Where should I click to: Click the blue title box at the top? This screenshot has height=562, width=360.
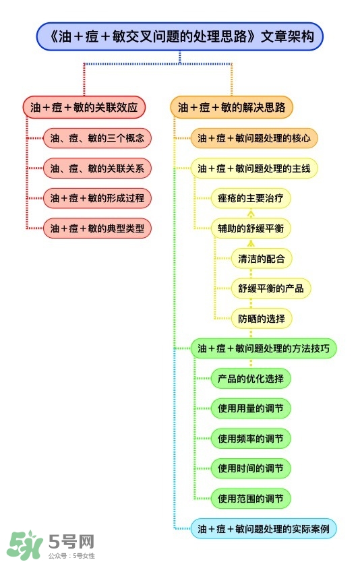[179, 36]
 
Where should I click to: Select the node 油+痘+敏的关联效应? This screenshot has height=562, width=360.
[84, 107]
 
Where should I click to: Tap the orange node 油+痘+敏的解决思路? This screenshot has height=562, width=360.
[231, 107]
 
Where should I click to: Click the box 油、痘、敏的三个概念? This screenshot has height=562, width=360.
[97, 139]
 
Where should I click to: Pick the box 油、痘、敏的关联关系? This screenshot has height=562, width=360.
[97, 168]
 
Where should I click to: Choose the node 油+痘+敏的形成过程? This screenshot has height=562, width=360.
[97, 198]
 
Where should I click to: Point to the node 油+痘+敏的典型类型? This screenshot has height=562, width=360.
[97, 228]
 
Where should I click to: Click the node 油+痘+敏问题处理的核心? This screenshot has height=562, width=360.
[253, 139]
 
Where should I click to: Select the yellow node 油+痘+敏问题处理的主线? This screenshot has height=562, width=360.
[253, 168]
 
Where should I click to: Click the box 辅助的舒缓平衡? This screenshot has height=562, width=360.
[250, 228]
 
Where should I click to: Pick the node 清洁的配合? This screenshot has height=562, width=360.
[261, 258]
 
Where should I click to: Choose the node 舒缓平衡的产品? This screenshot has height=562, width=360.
[270, 288]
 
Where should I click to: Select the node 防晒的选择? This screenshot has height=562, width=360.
[261, 318]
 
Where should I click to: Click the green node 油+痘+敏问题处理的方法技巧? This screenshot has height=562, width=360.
[263, 348]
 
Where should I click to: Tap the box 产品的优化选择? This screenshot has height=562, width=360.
[250, 378]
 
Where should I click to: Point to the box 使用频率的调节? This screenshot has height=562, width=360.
[250, 438]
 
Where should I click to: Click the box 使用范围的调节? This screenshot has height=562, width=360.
[250, 499]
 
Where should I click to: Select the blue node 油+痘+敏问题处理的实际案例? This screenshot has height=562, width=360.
[263, 528]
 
